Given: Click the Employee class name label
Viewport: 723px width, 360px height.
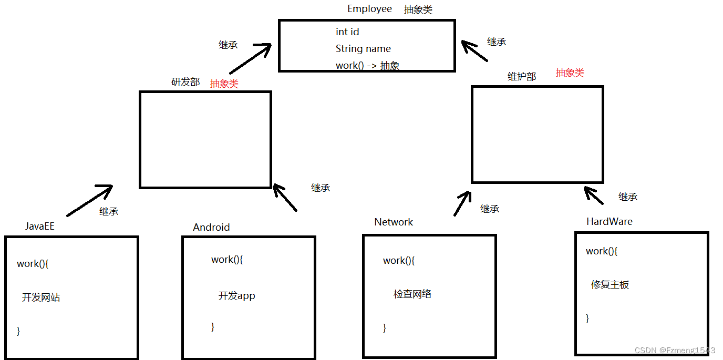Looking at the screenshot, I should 369,9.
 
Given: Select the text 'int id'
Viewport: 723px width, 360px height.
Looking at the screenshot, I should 347,32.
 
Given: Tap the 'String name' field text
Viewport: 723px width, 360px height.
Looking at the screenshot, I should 363,49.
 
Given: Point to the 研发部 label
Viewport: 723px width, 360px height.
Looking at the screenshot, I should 185,82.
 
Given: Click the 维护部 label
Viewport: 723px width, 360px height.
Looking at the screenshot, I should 522,77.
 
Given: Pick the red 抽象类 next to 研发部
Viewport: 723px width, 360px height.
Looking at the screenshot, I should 224,84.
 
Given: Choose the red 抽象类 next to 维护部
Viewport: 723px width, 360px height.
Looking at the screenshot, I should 570,73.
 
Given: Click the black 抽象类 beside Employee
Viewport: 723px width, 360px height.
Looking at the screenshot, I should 418,9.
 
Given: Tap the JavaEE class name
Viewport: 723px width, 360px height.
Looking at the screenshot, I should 40,227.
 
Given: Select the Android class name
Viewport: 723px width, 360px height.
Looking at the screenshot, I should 211,228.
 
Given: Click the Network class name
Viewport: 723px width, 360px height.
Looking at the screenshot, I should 394,222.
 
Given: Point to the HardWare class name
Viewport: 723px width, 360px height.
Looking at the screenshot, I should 610,222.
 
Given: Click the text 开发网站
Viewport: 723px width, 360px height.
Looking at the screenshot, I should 41,297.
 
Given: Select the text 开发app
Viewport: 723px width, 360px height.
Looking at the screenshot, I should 237,296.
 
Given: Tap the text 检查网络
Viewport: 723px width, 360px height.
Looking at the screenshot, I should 412,294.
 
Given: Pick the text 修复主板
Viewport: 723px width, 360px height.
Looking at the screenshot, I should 610,285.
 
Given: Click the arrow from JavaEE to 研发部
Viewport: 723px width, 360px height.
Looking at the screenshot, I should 90,201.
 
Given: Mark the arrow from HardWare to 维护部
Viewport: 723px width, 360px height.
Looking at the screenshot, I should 594,195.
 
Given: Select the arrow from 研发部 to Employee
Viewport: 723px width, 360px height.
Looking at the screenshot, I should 250,59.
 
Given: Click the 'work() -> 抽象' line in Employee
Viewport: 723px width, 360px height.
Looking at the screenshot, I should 367,66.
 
